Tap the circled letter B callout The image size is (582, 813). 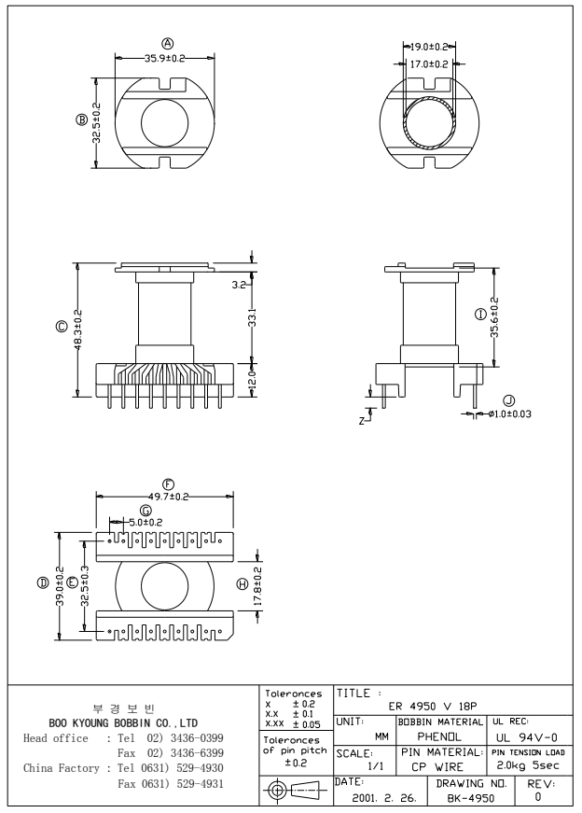pos(82,119)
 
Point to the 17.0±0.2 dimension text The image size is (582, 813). pos(430,63)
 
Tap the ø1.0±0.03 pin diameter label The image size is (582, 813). pos(508,414)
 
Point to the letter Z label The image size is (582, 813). pos(361,421)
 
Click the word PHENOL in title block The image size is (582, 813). pos(431,738)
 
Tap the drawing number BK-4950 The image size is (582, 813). pos(469,799)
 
